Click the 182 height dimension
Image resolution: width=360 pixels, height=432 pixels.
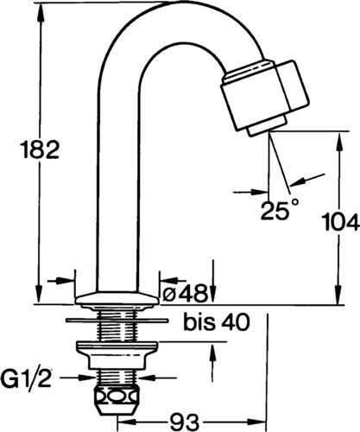click(x=41, y=149)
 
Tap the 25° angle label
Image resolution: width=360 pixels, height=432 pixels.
click(x=280, y=210)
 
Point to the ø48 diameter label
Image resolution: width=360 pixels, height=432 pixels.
click(x=185, y=293)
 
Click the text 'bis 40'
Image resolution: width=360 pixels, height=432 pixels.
click(x=217, y=322)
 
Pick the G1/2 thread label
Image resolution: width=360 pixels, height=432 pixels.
click(x=26, y=378)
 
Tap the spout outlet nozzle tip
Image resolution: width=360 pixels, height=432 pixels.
click(x=258, y=130)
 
